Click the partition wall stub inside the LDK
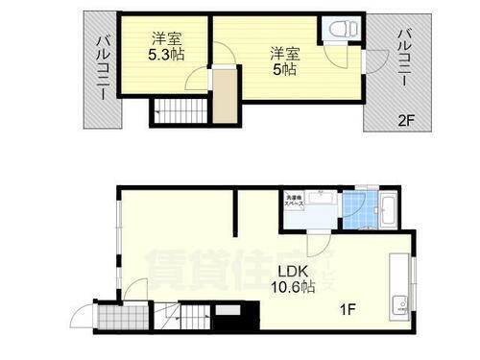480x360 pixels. (235, 213)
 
